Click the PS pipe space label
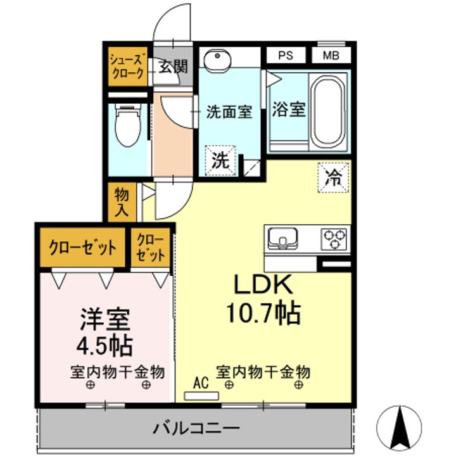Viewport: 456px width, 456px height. (x=286, y=55)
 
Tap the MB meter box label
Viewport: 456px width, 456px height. (x=331, y=55)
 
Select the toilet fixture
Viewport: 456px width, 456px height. (x=128, y=125)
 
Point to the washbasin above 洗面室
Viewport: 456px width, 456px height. (x=217, y=59)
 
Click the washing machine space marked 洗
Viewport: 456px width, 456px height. (x=220, y=160)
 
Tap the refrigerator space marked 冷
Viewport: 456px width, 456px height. (x=333, y=177)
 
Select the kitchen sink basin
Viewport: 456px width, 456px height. (x=282, y=239)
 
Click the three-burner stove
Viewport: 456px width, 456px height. (x=334, y=239)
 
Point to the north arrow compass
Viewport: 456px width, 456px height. (x=399, y=427)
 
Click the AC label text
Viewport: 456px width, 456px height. (x=201, y=383)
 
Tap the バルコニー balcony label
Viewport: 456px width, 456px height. (x=196, y=428)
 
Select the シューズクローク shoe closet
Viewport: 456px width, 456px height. (x=128, y=66)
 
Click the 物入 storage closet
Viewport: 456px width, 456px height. (x=122, y=202)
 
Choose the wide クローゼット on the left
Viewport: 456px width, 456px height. (x=82, y=248)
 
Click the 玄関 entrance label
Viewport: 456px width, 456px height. (x=173, y=66)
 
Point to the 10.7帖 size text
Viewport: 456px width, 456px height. (x=263, y=313)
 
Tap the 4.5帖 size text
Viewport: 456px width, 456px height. (x=104, y=346)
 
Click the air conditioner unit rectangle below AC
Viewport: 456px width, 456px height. (x=201, y=396)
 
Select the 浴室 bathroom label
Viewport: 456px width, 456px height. (x=289, y=110)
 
